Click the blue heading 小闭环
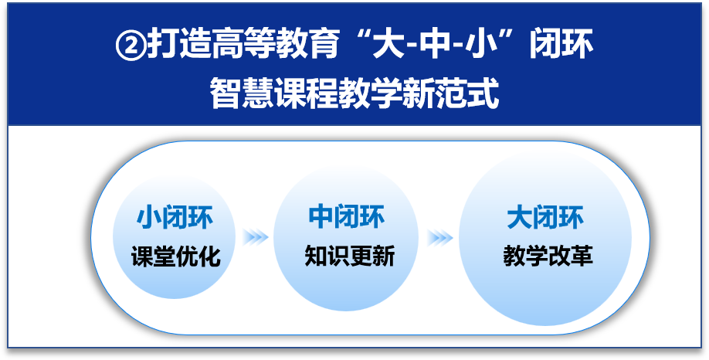(175, 217)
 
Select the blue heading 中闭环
(347, 216)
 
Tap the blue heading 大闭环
(545, 217)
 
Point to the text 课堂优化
(176, 256)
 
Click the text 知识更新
(350, 255)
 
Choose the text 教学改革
(548, 255)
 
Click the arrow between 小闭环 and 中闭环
(256, 236)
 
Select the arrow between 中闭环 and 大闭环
(440, 237)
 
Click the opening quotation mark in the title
(358, 38)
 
